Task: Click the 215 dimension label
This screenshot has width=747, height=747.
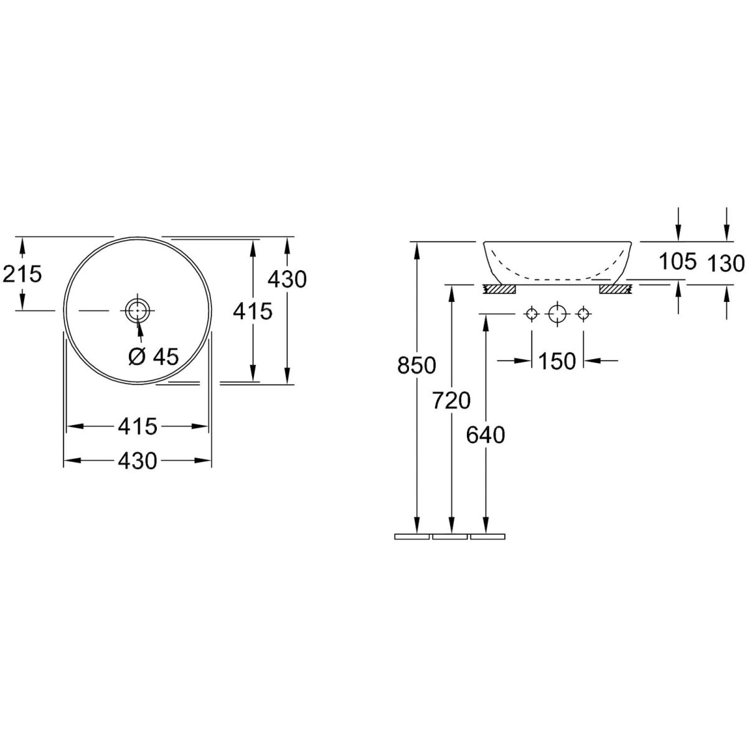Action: click(x=22, y=275)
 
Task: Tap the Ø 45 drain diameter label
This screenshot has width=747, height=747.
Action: click(x=154, y=356)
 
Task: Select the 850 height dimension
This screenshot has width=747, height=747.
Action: click(x=416, y=365)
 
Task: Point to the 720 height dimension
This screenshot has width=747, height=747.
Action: click(x=451, y=400)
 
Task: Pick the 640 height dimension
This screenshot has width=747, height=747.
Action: click(x=486, y=435)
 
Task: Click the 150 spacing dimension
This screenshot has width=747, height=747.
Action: click(x=557, y=361)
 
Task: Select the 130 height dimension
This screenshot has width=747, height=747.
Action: click(x=726, y=263)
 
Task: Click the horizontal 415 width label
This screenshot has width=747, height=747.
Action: click(x=138, y=426)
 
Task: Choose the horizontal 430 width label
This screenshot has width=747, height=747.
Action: click(x=138, y=461)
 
